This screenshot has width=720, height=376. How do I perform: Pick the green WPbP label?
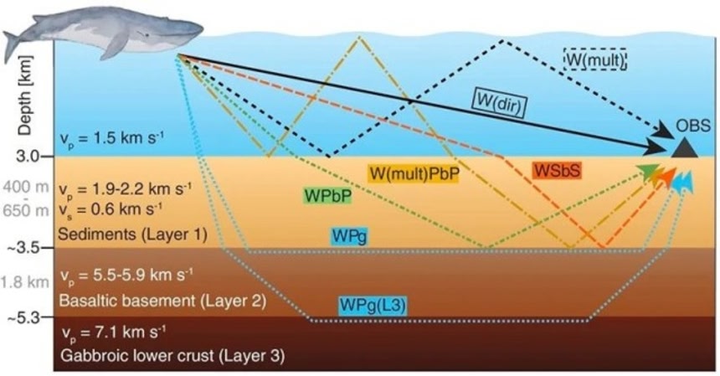click(327, 195)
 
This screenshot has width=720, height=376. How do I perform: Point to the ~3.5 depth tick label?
click(28, 248)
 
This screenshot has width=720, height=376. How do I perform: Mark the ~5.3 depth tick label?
click(28, 318)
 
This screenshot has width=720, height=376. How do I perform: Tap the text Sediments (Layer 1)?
click(131, 234)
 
